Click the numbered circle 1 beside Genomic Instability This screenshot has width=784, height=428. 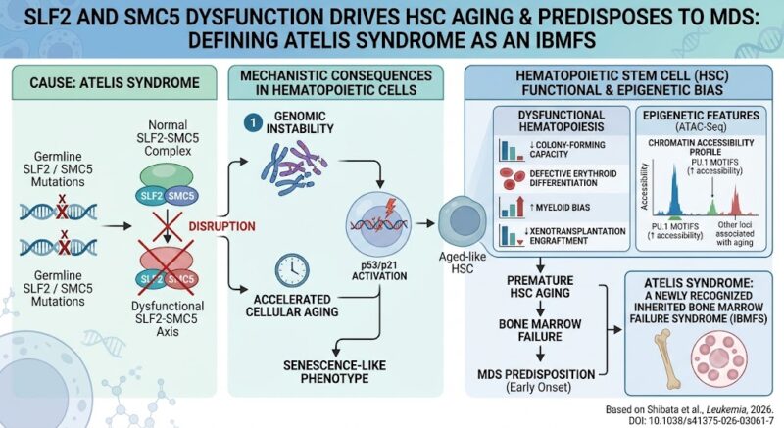pos(254,122)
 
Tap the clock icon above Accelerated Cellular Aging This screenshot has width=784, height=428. pos(292,270)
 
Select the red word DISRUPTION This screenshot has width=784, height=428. pos(222,226)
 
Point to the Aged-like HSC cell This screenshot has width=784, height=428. pos(463,221)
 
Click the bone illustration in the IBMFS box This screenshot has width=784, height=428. pos(669,359)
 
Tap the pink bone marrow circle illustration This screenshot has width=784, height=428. pos(718,359)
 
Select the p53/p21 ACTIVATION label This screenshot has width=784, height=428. pos(379,269)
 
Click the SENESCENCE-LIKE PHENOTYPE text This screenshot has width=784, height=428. pos(334,371)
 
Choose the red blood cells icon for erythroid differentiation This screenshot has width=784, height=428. pos(511,178)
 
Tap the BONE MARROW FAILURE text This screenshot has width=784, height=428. pos(540,330)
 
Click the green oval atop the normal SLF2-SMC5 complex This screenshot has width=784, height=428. pos(167,175)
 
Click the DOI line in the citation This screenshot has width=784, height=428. pos(701,421)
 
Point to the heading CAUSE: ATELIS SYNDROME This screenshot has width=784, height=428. pos(115,82)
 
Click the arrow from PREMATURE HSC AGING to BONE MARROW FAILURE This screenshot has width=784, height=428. pos(540,308)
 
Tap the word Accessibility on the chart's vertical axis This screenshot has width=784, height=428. pos(644,186)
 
